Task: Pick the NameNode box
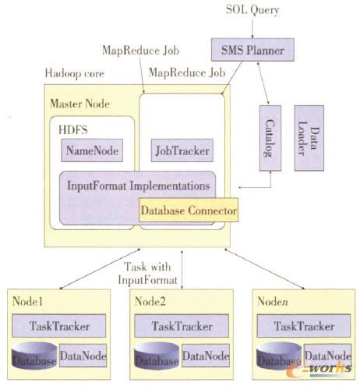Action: [94, 151]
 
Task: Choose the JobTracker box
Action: [179, 151]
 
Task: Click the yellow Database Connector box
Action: [187, 210]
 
